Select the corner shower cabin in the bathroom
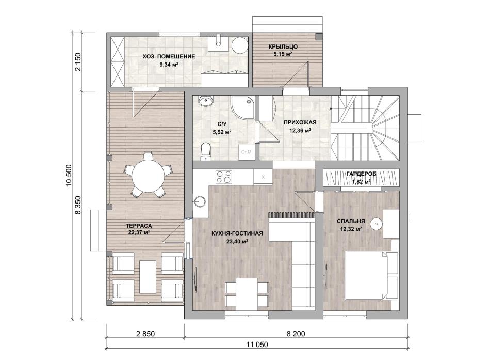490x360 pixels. (x=242, y=107)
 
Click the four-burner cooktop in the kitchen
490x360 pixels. (x=224, y=177)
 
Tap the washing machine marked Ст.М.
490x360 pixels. (x=247, y=152)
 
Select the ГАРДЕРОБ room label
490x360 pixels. (x=361, y=174)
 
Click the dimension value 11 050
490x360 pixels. (x=257, y=345)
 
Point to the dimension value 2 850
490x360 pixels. (x=145, y=334)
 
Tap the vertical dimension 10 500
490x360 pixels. (x=69, y=176)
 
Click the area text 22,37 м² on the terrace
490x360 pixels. (x=139, y=232)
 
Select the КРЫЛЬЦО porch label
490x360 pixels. (x=283, y=47)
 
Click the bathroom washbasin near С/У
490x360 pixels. (x=205, y=101)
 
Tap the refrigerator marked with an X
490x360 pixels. (x=263, y=177)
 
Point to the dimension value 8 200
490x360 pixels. (x=296, y=334)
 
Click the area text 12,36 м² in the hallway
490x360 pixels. (x=300, y=130)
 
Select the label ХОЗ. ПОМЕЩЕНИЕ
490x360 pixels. (x=169, y=57)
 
